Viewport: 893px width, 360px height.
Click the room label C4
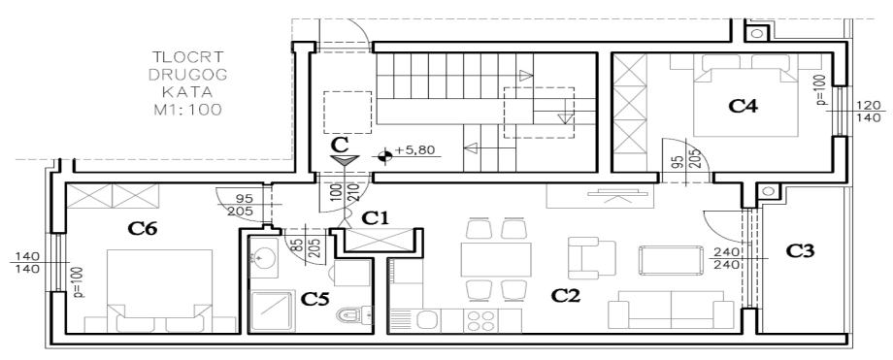pos(744,107)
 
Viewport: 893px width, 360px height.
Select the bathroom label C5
pos(314,299)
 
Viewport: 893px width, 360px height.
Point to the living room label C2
pos(566,296)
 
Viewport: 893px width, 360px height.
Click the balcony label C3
pos(800,250)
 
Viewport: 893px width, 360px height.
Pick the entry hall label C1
pos(376,217)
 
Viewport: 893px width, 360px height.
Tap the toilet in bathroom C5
pos(354,313)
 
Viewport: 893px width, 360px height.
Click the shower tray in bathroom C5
pos(273,311)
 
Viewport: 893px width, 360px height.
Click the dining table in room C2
pos(496,260)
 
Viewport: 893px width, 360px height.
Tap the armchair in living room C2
pos(592,259)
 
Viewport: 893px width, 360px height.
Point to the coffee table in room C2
pos(671,260)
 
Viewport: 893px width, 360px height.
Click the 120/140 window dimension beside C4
pos(869,112)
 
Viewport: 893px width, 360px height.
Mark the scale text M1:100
pos(188,110)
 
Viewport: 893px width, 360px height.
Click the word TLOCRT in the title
pos(188,57)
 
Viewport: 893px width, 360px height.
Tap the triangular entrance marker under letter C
pos(344,161)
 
